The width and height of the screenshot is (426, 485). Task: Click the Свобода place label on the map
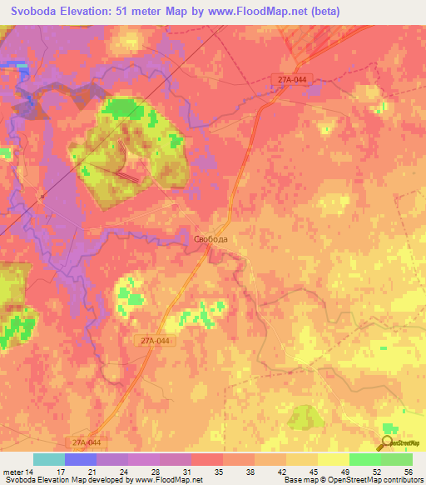coord(211,237)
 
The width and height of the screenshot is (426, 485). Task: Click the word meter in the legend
coord(12,472)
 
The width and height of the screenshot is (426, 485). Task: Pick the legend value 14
coord(31,472)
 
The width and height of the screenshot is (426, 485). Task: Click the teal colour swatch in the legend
coord(49,459)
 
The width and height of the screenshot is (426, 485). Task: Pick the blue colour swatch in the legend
coord(81,459)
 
